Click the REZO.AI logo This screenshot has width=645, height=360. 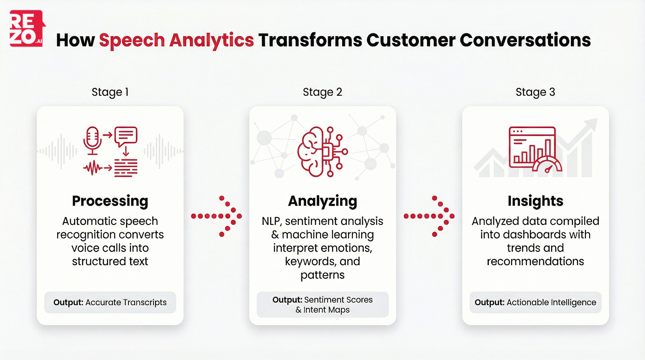coord(27,28)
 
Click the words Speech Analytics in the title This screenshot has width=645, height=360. coord(176,40)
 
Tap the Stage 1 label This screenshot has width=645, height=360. coord(110,92)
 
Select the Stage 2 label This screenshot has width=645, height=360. coord(322,92)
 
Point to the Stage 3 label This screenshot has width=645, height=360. coord(535,92)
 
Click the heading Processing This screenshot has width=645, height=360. coord(110,201)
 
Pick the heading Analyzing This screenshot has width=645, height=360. coord(322,201)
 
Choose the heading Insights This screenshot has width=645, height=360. coord(535,201)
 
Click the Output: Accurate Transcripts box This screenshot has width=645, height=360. coord(110,302)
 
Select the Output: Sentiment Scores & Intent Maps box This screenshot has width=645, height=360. coord(322,305)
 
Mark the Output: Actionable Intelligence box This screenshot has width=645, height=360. coord(535,302)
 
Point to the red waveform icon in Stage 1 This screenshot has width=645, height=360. coord(94,169)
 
